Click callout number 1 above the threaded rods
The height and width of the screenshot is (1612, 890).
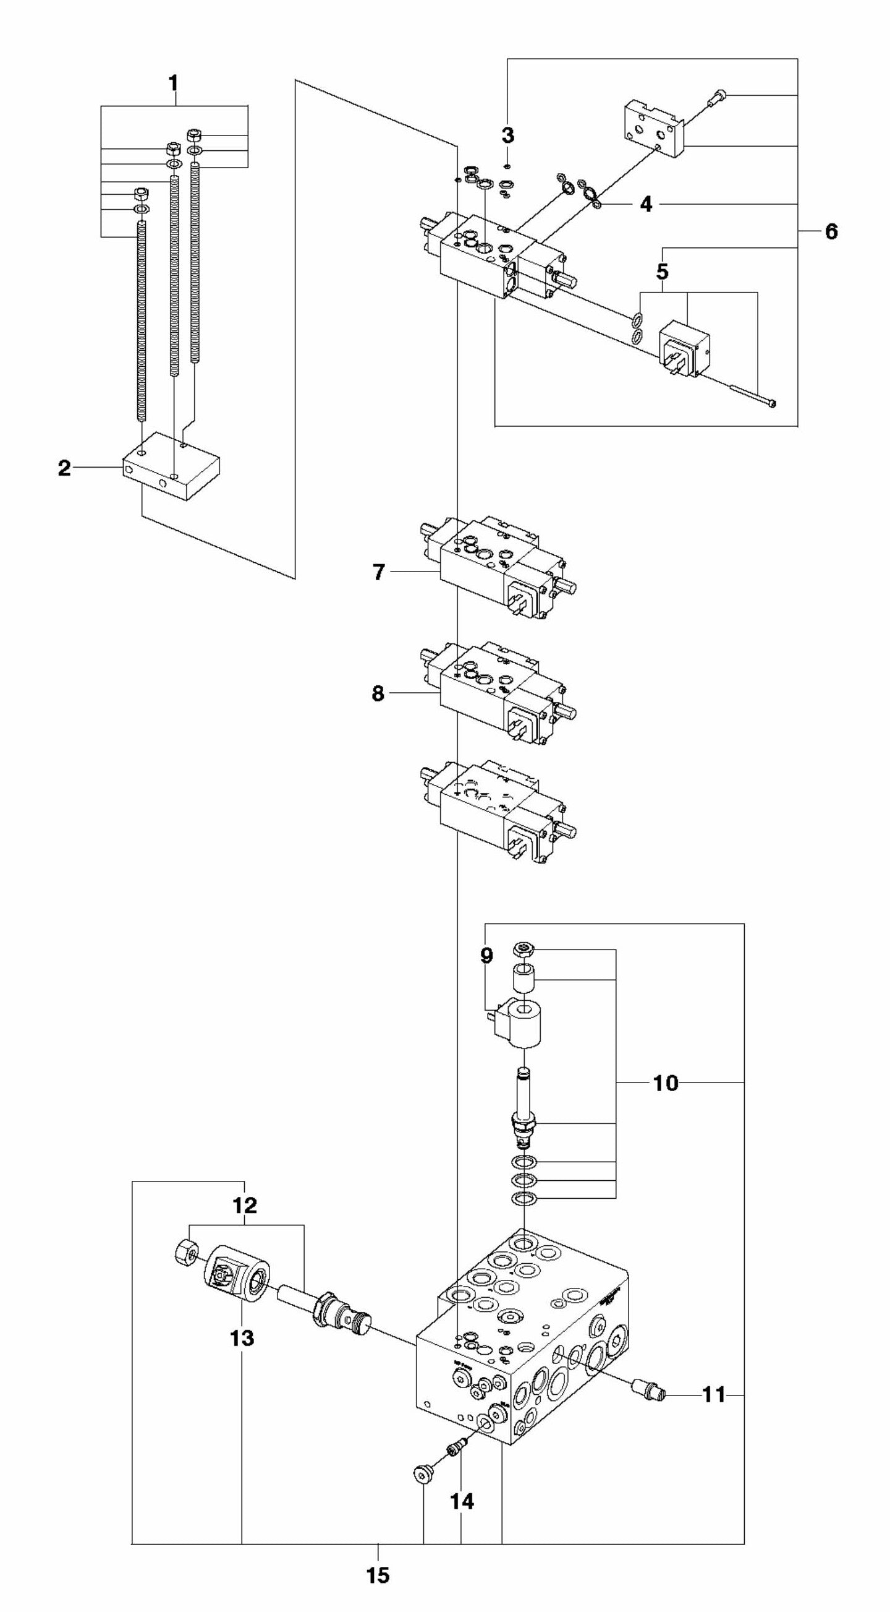tap(173, 83)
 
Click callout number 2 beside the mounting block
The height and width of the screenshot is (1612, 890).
tap(64, 468)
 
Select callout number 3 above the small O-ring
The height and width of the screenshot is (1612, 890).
tap(507, 135)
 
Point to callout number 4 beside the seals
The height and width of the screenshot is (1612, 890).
tap(646, 204)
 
